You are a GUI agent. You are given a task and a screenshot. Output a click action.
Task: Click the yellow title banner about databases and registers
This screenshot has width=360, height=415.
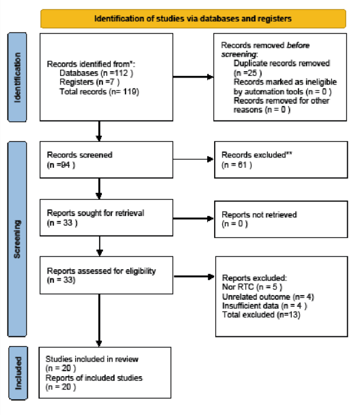coord(193,19)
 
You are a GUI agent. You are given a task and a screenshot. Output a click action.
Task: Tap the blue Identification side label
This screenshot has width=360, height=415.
coord(17,78)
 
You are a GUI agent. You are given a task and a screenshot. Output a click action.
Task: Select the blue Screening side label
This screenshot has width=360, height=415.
coord(17,239)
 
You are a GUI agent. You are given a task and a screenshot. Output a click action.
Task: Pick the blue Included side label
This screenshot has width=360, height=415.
coord(19,373)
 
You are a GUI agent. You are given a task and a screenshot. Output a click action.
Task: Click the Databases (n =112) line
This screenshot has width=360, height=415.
coord(96,73)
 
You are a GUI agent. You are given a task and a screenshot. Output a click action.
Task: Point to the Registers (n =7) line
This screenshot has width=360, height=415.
coord(90,82)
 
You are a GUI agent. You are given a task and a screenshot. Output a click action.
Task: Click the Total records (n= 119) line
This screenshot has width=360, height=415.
coord(100,91)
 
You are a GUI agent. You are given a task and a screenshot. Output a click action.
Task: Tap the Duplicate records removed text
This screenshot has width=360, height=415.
coord(282,63)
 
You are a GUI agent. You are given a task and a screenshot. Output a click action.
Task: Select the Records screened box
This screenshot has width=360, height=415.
coord(106,160)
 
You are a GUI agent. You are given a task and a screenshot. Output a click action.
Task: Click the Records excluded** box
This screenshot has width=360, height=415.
coord(281,160)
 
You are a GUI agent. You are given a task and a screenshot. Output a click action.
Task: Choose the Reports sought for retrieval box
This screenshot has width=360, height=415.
coord(106,218)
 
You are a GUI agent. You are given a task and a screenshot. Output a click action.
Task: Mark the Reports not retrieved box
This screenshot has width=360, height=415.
coord(281,219)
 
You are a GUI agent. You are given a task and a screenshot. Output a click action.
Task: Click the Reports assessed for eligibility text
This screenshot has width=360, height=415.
coord(101,271)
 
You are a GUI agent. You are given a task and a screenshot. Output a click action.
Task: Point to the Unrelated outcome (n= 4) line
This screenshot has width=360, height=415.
coord(268,297)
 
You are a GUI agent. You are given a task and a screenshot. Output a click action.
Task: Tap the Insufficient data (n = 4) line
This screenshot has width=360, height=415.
coord(265,306)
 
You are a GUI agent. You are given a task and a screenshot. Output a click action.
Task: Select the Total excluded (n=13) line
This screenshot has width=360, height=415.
coord(261,315)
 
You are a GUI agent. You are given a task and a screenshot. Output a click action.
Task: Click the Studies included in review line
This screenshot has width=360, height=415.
coord(92,359)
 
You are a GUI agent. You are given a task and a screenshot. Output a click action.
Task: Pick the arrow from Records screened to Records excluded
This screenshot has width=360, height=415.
coord(193,159)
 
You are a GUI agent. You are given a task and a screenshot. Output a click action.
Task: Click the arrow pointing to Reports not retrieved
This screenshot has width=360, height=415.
coord(193,219)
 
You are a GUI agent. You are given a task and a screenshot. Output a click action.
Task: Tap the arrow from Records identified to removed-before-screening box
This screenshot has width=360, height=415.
coord(193,77)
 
